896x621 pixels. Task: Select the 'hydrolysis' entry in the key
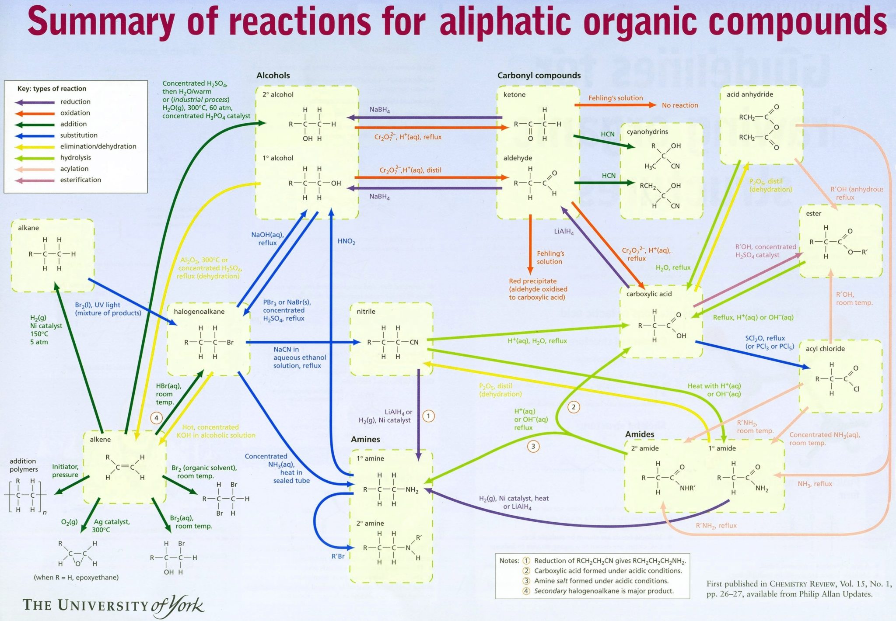coord(75,158)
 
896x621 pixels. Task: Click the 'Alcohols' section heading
coord(273,76)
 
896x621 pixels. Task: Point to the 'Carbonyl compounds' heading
coord(539,76)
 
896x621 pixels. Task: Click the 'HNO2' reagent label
coord(346,242)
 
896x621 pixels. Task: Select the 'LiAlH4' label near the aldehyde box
coord(563,232)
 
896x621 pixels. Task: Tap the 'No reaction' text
coord(679,105)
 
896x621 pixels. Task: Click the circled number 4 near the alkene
coord(156,418)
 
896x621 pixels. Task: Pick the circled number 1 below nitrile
coord(429,416)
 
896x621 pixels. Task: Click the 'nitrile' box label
coord(366,312)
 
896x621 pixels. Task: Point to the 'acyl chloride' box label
coord(825,349)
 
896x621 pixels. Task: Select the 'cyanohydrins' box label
coord(647,132)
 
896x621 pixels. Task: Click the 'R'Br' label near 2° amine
coord(338,557)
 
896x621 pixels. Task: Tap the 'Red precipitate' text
coord(532,281)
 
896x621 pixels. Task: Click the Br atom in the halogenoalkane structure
coord(230,343)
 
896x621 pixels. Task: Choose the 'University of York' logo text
coord(113,605)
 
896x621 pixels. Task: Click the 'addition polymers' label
coord(24,465)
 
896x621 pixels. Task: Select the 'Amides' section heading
coord(640,434)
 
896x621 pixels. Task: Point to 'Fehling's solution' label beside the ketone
coord(615,98)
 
